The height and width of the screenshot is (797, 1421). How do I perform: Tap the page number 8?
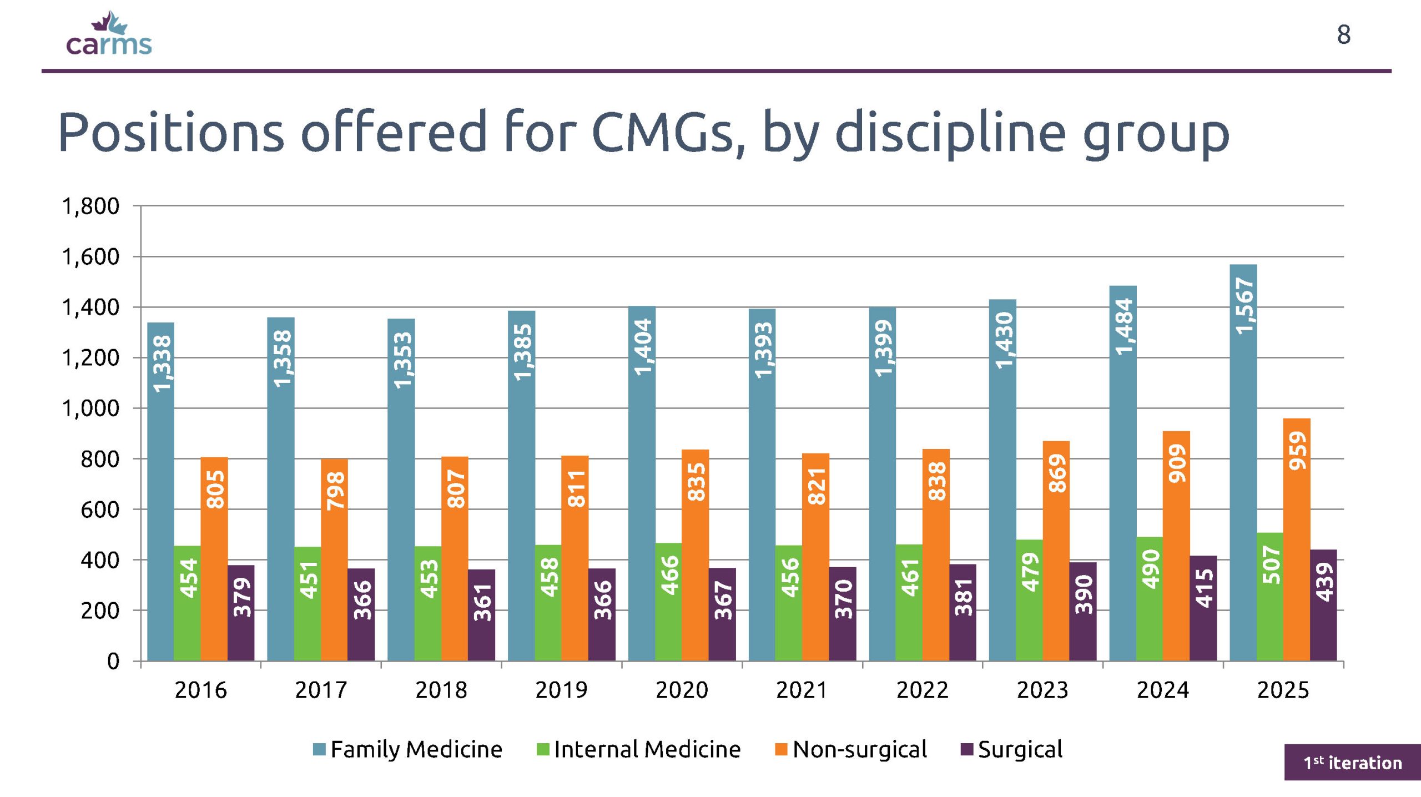(x=1343, y=34)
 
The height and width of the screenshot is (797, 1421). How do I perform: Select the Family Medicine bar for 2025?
(x=1243, y=462)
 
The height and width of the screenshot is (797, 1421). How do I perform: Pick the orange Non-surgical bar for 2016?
(x=214, y=559)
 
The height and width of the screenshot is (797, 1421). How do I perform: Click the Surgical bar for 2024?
(x=1203, y=608)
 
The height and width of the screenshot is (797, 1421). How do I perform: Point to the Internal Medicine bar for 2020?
(x=668, y=602)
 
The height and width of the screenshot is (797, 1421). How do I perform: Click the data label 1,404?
(x=643, y=347)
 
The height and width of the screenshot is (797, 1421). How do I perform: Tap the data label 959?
(x=1298, y=451)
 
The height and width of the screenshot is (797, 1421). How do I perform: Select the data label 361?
(x=482, y=602)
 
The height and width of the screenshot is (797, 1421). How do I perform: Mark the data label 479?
(x=1030, y=572)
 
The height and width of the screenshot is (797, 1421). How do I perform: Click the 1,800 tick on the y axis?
(x=90, y=206)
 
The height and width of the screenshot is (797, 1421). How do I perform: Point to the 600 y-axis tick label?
(x=100, y=510)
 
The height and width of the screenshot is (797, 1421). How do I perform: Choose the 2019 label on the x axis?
(x=561, y=690)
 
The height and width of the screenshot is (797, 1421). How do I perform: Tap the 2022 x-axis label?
(x=923, y=690)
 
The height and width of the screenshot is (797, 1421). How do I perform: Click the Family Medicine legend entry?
(x=407, y=749)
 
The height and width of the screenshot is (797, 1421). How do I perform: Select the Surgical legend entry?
(x=1011, y=749)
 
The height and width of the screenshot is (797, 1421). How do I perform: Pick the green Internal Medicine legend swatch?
(x=543, y=750)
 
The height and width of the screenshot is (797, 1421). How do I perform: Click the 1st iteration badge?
(x=1353, y=763)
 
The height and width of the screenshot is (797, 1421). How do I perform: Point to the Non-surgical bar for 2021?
(x=815, y=557)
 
